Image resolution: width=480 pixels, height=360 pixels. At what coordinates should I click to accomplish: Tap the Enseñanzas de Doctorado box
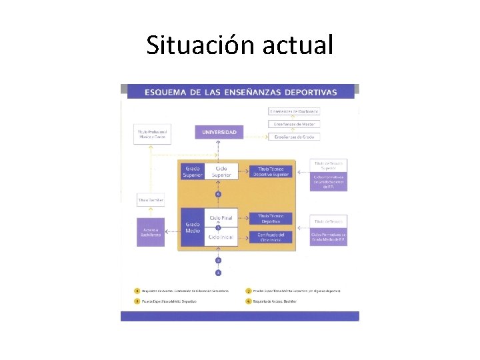(294, 111)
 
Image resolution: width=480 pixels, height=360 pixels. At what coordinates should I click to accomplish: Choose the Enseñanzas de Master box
(294, 124)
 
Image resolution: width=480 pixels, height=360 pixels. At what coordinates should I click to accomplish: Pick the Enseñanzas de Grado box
(294, 137)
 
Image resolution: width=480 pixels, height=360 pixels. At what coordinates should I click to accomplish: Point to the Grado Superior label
(193, 172)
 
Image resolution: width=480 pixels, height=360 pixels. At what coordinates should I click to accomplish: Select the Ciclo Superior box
(221, 172)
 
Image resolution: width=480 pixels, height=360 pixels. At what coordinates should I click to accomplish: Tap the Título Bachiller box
(151, 200)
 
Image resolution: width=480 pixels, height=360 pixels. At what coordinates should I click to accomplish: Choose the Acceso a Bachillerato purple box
(151, 232)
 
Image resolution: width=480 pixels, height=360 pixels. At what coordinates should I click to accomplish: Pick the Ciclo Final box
(221, 218)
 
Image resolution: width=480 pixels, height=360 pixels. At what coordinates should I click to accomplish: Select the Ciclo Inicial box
(221, 237)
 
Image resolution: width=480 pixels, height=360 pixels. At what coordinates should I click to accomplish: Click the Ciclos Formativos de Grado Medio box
(328, 237)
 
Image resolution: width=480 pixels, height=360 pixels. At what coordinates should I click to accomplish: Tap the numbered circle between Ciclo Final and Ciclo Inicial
(218, 228)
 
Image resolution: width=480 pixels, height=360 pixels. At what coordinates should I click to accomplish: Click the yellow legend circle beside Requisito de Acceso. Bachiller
(248, 301)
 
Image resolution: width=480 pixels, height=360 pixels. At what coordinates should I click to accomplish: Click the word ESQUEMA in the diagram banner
(163, 93)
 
